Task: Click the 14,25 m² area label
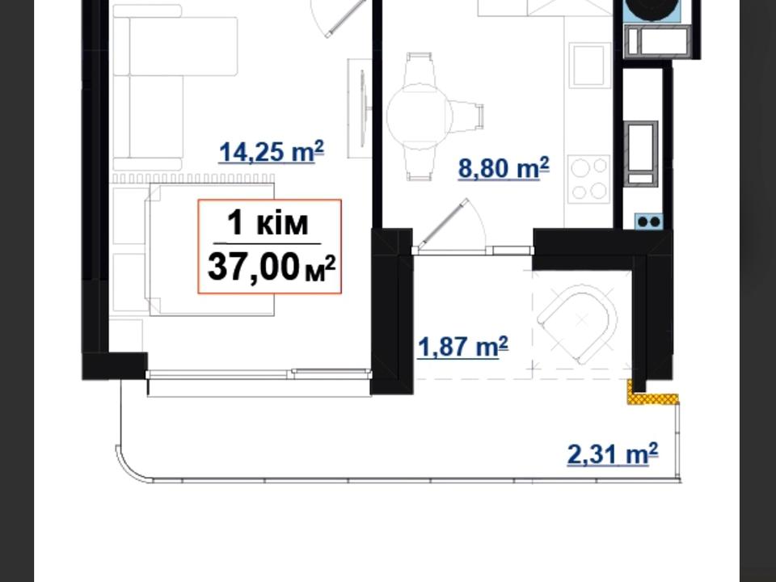tap(272, 151)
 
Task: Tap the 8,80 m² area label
tap(504, 168)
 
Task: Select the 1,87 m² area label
tap(462, 347)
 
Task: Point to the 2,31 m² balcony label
tap(613, 454)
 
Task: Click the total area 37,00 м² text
tap(272, 268)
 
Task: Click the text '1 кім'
tap(268, 223)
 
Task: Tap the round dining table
tap(420, 116)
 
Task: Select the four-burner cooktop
tap(589, 179)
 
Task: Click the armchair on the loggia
tap(577, 323)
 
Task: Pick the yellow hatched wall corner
tap(649, 395)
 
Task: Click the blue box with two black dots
tap(648, 221)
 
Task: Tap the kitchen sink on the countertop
tap(589, 65)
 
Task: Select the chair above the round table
tap(420, 69)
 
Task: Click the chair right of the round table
tap(466, 116)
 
